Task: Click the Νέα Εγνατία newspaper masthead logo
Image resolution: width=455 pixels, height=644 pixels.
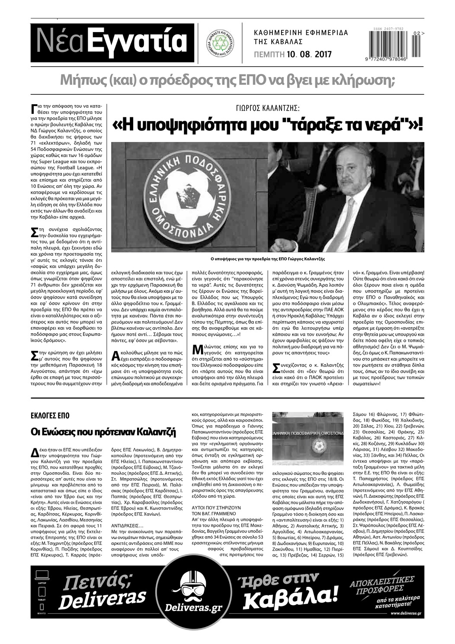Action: pyautogui.click(x=112, y=42)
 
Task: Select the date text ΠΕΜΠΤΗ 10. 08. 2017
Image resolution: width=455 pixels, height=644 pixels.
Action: pyautogui.click(x=292, y=55)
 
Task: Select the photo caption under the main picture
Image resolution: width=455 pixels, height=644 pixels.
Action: pyautogui.click(x=267, y=259)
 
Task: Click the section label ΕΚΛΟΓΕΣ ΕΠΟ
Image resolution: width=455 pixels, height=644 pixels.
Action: pyautogui.click(x=50, y=415)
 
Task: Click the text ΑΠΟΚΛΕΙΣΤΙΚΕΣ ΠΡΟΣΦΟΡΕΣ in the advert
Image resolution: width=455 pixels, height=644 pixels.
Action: pyautogui.click(x=382, y=584)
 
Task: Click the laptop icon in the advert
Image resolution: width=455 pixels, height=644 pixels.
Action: pyautogui.click(x=42, y=575)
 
